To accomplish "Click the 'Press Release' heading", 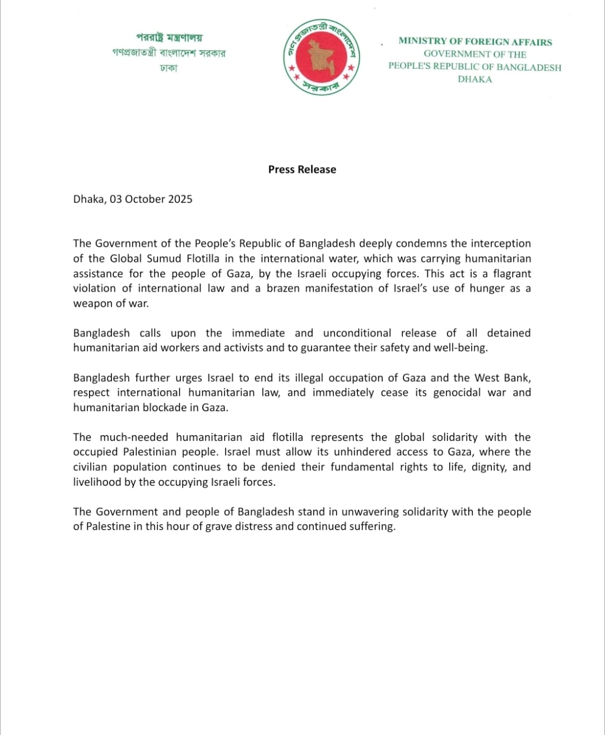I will click(302, 169).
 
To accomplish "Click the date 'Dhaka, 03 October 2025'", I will click(133, 199).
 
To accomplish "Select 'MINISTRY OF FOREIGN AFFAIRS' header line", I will click(475, 42).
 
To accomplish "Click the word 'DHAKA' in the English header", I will click(475, 79).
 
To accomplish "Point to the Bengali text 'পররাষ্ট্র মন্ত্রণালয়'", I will click(169, 38).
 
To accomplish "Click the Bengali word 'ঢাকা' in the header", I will click(169, 68).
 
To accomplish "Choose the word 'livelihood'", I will click(97, 482).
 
